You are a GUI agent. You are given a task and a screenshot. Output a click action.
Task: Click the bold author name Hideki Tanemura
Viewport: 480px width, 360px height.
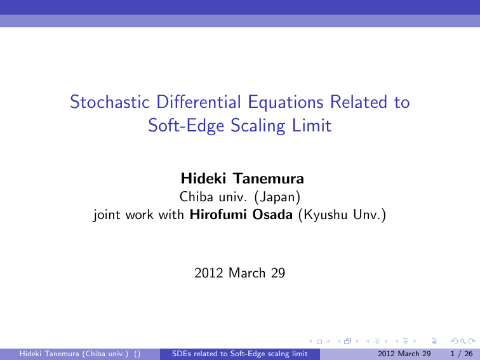point(239,176)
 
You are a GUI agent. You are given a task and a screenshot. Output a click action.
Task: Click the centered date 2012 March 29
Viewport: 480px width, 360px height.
point(239,274)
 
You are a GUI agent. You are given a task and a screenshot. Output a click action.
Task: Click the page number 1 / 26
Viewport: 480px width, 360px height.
point(462,354)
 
